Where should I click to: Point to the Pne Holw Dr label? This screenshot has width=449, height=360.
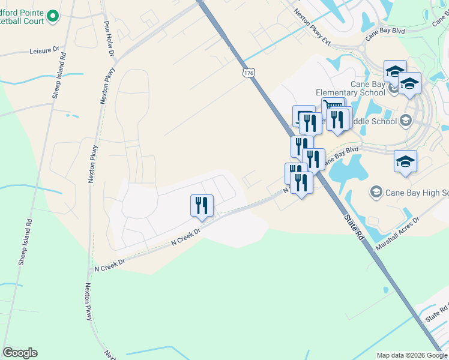click(109, 39)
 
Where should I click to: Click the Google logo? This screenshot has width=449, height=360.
click(20, 353)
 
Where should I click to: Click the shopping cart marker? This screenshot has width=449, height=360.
click(334, 107)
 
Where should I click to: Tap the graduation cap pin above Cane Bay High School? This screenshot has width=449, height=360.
click(406, 161)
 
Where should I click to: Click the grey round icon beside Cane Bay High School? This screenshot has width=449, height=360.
click(376, 192)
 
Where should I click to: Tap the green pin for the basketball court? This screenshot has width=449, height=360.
click(52, 16)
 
